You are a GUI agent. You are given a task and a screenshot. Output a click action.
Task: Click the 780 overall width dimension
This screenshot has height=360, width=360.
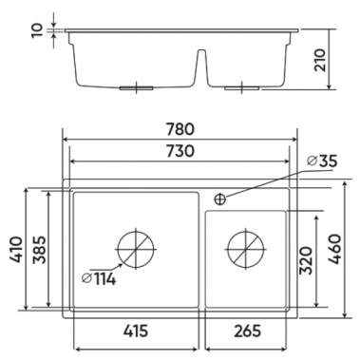(180, 130)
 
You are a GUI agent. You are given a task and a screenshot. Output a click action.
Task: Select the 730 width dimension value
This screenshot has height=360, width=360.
(180, 151)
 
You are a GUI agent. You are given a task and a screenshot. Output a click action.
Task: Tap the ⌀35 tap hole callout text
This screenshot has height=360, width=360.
(322, 161)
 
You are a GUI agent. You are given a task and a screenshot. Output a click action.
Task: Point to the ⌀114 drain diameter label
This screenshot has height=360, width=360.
(99, 279)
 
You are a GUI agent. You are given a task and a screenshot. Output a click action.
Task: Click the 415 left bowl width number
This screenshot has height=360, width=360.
(136, 332)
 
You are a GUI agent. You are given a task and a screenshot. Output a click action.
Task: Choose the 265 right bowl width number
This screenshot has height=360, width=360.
(248, 332)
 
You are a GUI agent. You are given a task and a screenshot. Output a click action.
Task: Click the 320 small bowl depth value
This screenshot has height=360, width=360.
(306, 260)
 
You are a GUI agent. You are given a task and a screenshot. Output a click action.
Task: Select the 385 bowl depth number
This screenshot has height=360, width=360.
(40, 250)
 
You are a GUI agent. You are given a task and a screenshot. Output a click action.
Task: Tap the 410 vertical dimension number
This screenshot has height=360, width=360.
(16, 250)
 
